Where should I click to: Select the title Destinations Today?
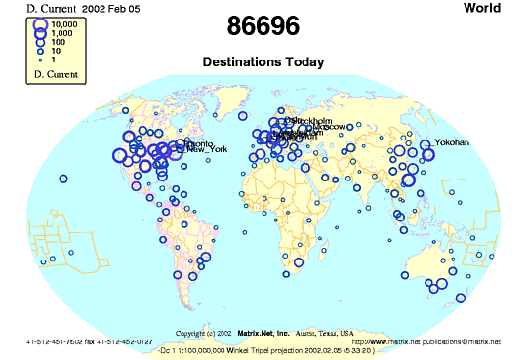(263, 61)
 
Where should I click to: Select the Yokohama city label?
(452, 143)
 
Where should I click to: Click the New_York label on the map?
(207, 149)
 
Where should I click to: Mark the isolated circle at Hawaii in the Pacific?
(63, 178)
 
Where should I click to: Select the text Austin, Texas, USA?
(326, 332)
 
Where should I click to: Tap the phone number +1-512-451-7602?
(59, 341)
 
